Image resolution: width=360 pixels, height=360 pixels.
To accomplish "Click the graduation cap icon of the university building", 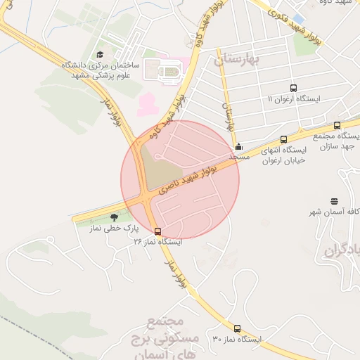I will (x=101, y=55).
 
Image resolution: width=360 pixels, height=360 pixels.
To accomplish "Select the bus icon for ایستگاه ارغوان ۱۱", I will (x=293, y=89).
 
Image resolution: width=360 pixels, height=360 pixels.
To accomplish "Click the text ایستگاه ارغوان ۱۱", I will (x=293, y=99).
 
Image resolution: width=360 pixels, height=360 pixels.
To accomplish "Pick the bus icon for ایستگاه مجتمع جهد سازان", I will (x=337, y=126).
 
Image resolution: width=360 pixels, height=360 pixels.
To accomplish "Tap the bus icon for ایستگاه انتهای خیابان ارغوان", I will (x=283, y=139).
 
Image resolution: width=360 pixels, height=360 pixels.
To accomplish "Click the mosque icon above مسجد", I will (x=239, y=147).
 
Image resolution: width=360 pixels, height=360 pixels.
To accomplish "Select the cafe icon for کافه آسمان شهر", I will (x=333, y=201).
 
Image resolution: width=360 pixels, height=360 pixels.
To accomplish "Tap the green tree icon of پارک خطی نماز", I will (x=114, y=217).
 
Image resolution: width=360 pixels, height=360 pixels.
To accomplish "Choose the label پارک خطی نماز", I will (x=113, y=229).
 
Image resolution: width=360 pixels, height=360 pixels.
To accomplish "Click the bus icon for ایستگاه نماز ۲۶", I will (x=157, y=231).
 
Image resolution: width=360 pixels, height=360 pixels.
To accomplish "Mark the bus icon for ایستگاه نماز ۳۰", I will (x=236, y=328).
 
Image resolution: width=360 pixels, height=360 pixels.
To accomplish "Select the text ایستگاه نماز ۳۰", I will (x=236, y=339).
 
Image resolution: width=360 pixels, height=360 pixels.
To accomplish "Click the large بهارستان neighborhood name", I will (x=238, y=60).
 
